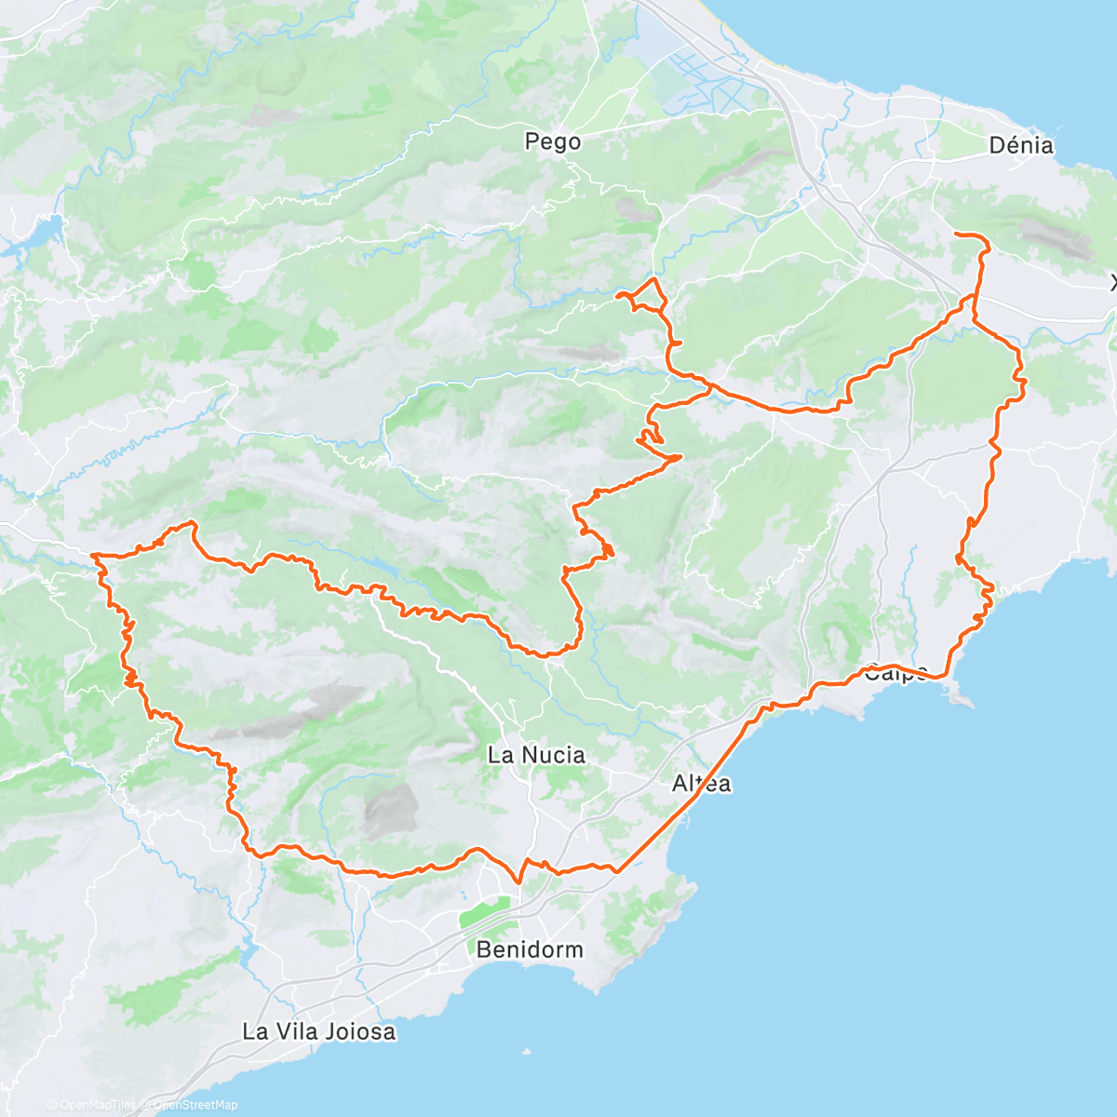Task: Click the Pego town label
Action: (x=552, y=141)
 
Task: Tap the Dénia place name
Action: (x=1021, y=145)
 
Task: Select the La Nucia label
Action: (x=536, y=755)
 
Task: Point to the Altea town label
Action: (x=701, y=784)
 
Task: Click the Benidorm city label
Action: (x=530, y=949)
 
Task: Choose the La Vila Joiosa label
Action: (x=318, y=1031)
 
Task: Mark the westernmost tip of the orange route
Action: (x=92, y=556)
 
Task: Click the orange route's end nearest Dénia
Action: (x=958, y=234)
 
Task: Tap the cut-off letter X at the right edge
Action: (x=1113, y=282)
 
